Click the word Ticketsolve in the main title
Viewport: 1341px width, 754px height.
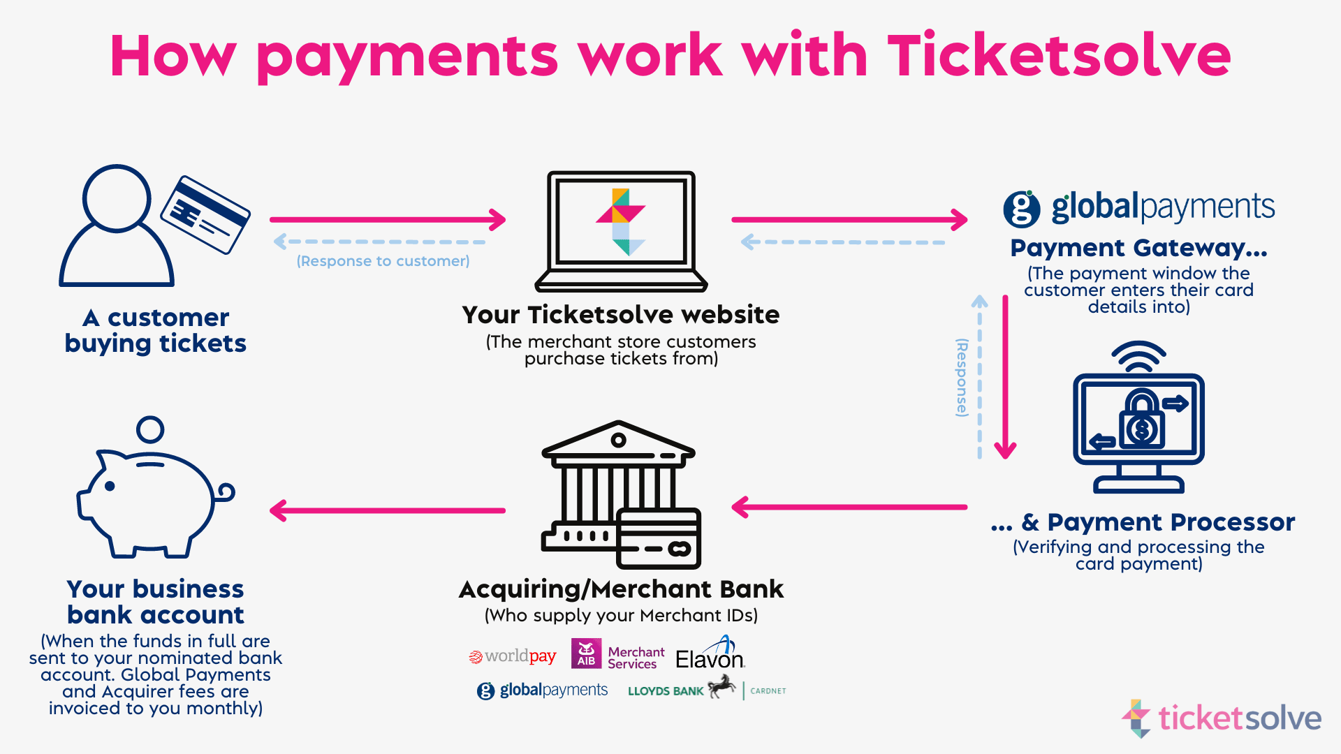(1058, 56)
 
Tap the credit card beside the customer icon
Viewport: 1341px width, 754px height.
(205, 214)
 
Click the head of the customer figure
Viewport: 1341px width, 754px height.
(117, 198)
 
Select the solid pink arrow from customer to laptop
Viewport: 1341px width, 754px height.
(388, 219)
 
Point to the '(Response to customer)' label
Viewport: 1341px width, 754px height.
(383, 261)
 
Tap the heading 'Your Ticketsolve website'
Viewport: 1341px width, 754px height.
(620, 315)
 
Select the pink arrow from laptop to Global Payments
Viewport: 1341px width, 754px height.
(849, 219)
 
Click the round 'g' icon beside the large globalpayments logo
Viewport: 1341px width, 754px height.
(1021, 209)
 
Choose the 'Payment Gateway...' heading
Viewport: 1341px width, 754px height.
(1138, 248)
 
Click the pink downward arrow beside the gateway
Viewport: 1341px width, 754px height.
(1005, 377)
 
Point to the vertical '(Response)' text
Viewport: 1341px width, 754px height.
(962, 378)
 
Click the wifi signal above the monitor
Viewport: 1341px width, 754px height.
(1138, 356)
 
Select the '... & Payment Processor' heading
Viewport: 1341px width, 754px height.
(1143, 522)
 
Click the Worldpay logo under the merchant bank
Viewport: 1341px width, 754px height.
(513, 656)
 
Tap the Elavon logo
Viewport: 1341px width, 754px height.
(710, 655)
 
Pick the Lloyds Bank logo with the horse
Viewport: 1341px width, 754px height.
(681, 690)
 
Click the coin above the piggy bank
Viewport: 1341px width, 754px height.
(150, 429)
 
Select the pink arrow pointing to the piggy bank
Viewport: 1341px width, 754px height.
(388, 510)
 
